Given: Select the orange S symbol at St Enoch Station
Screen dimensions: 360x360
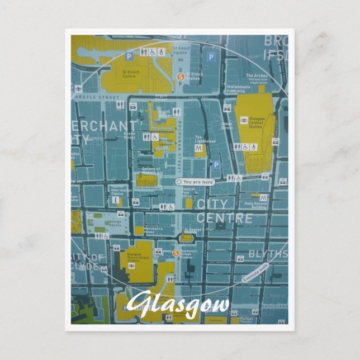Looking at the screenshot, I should (x=180, y=77).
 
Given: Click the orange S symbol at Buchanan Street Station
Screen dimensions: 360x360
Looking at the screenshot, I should (x=176, y=253).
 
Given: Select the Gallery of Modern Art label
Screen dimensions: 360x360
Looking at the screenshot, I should (x=151, y=170).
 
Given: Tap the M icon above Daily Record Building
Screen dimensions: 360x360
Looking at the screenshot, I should (x=263, y=199).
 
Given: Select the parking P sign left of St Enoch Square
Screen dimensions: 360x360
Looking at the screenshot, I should (x=129, y=56).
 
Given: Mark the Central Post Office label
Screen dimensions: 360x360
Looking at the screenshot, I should (x=189, y=193).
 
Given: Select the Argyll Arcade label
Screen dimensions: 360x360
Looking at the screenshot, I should (x=165, y=113).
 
